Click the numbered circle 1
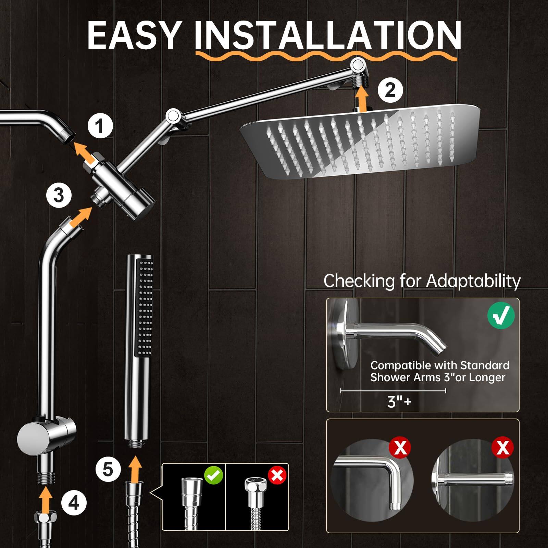100,126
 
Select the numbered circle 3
59,196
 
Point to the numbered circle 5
108,469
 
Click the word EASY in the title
134,36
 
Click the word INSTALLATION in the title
328,36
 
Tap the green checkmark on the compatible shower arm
501,316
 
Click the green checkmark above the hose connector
213,475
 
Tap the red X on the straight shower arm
502,447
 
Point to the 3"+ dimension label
399,401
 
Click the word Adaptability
473,281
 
